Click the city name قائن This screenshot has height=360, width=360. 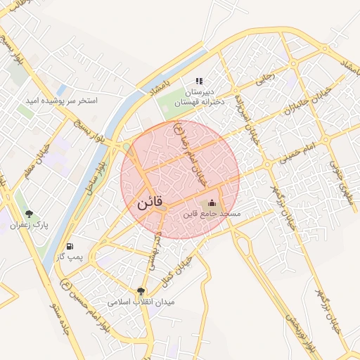(149, 203)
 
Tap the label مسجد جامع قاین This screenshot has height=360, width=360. (212, 212)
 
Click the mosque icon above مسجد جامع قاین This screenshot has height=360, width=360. (213, 202)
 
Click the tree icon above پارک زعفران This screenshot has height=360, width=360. (29, 214)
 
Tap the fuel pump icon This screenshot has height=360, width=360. (70, 246)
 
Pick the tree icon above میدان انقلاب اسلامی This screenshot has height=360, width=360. (141, 291)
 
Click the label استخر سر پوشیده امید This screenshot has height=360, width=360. (62, 101)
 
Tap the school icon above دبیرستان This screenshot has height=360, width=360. (199, 82)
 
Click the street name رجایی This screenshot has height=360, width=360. (264, 82)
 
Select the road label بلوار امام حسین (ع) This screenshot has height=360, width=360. (84, 307)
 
